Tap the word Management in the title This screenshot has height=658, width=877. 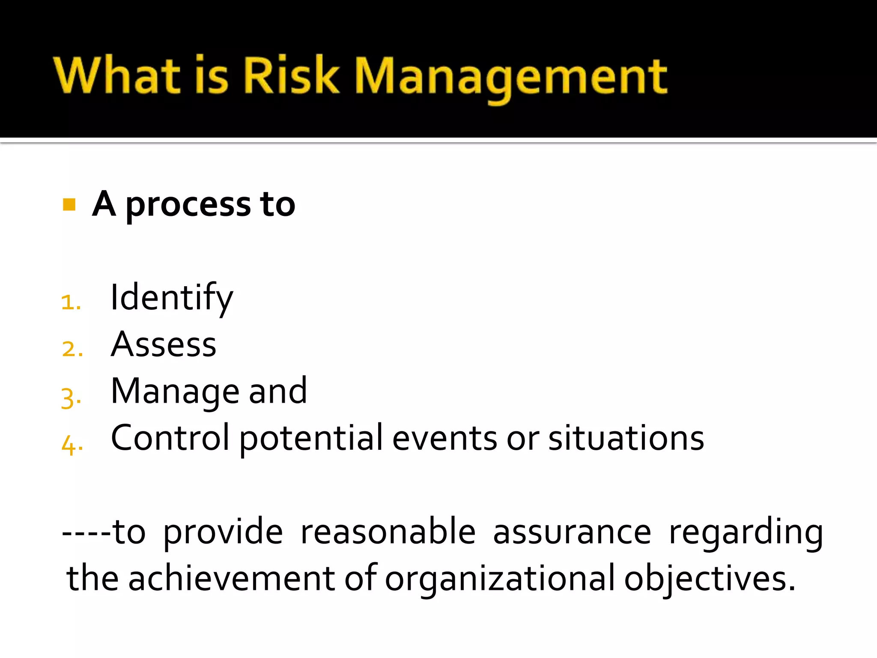(x=510, y=77)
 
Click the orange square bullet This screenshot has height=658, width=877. (x=69, y=204)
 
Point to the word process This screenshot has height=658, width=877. (x=188, y=206)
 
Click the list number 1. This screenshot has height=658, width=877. (x=70, y=302)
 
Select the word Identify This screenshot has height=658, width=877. (x=172, y=298)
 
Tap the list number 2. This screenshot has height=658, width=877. (x=72, y=349)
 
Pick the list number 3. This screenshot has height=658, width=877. (x=71, y=398)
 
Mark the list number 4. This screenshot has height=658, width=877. (x=72, y=445)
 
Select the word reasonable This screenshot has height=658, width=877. (x=388, y=532)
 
